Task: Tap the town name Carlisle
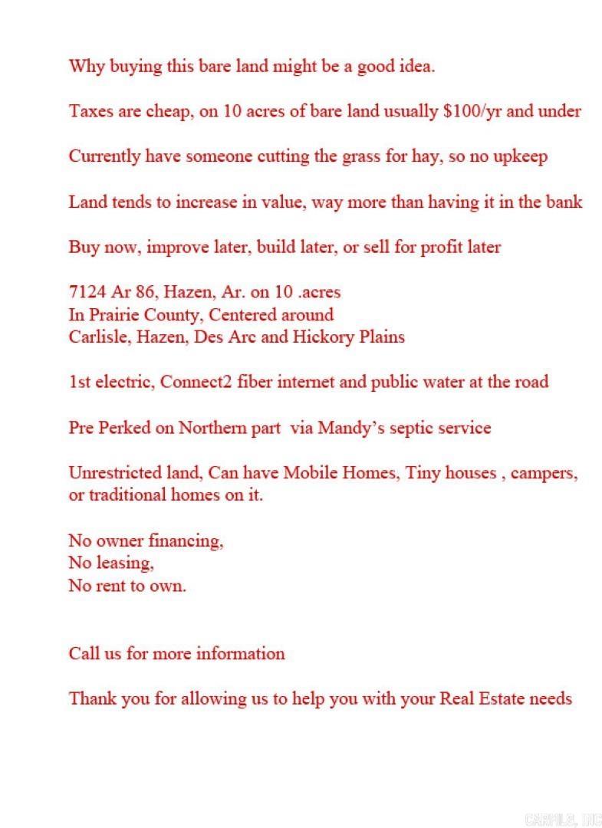pyautogui.click(x=99, y=337)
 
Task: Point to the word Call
pyautogui.click(x=83, y=654)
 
